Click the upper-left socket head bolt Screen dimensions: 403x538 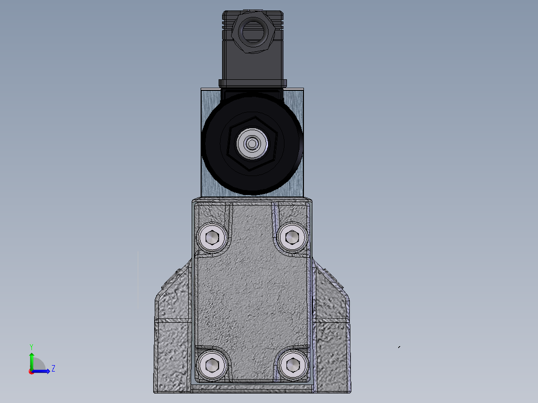click(x=213, y=237)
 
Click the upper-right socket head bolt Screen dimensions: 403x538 click(x=291, y=237)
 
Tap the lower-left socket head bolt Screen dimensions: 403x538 click(x=213, y=366)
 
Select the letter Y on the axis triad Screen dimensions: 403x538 click(x=31, y=346)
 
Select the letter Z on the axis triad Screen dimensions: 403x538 click(x=53, y=369)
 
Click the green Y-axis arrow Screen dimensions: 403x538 click(x=31, y=359)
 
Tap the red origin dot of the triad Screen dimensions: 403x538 click(x=31, y=371)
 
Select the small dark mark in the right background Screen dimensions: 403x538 click(x=399, y=347)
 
